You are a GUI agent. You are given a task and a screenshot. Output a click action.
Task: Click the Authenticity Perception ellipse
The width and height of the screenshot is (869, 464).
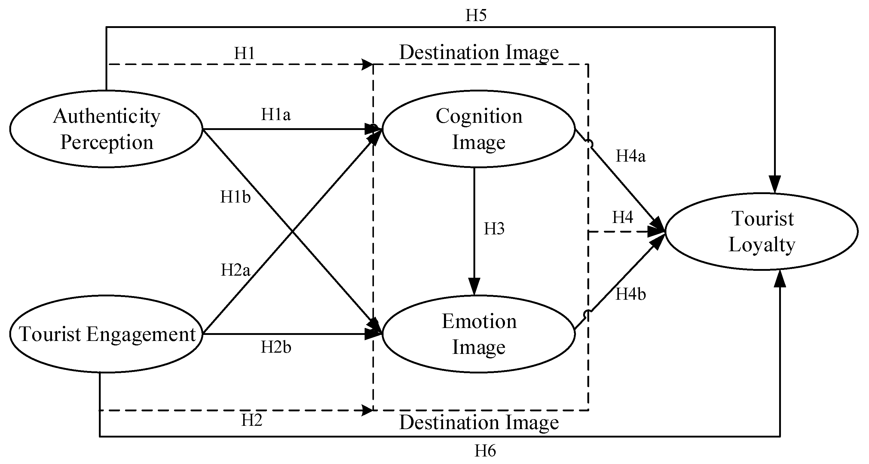[x=106, y=129]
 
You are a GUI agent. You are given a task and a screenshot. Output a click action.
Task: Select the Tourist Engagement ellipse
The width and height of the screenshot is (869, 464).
[x=106, y=334]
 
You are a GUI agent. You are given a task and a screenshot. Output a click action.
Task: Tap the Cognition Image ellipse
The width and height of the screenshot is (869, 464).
[x=479, y=129]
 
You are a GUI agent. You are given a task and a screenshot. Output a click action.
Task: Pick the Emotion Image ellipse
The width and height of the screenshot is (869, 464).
[x=479, y=334]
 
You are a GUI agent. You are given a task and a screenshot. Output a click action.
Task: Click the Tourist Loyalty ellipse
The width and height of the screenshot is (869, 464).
[x=761, y=232]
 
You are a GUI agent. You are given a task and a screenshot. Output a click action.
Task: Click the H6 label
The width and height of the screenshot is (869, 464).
[x=485, y=451]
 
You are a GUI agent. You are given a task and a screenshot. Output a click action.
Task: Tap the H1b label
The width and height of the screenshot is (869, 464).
[x=235, y=197]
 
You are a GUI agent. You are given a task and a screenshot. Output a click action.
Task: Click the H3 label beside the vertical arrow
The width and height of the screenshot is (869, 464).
[x=494, y=229]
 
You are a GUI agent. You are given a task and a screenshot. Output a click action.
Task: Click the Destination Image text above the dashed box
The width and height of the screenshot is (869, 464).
[x=479, y=53]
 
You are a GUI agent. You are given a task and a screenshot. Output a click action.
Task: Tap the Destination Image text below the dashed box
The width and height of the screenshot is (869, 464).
[x=479, y=422]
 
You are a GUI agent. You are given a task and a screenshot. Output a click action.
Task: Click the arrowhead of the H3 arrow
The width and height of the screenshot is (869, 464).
[x=474, y=287]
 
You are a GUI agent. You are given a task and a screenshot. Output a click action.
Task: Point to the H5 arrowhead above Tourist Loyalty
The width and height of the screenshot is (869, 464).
[x=775, y=184]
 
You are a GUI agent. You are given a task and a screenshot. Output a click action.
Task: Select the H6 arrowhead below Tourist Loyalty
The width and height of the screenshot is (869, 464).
[x=780, y=279]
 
